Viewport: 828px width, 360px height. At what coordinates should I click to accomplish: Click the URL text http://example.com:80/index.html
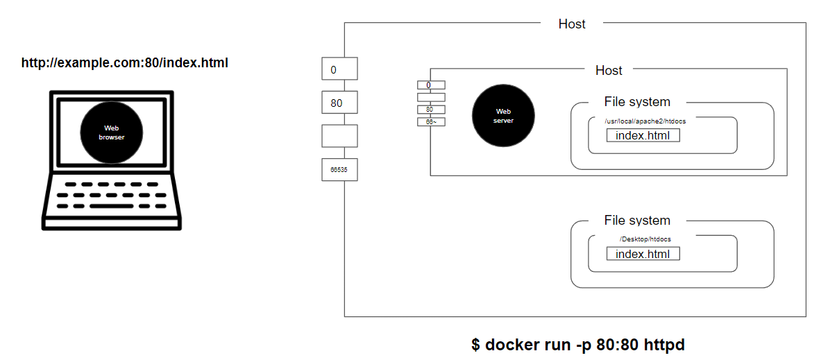coord(125,63)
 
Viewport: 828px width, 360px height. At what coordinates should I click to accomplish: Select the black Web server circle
coord(503,116)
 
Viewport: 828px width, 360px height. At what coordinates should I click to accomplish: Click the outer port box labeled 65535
coord(340,169)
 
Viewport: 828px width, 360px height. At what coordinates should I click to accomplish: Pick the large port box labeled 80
coord(340,103)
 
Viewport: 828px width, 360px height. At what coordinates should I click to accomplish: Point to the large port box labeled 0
coord(340,69)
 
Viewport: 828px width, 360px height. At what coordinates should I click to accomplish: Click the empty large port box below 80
coord(340,136)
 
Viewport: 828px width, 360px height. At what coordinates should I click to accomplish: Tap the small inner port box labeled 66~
coord(431,122)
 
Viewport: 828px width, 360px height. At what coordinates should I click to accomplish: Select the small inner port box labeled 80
coord(431,110)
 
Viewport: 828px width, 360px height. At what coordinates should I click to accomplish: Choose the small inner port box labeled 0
coord(431,85)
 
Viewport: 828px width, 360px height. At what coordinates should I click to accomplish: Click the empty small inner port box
coord(431,97)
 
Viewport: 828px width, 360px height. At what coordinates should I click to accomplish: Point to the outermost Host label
coord(572,24)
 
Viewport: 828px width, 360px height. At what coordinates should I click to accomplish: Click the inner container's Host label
coord(609,70)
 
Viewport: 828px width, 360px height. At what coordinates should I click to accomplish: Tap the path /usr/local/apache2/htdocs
coord(645,121)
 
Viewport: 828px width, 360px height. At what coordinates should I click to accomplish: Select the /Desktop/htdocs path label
coord(645,239)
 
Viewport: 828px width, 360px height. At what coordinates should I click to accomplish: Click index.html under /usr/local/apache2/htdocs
coord(643,136)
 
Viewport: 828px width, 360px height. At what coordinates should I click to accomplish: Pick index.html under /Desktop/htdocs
coord(643,254)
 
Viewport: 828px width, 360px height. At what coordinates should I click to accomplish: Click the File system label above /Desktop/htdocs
coord(637,220)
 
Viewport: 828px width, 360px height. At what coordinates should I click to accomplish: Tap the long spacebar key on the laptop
coord(111,206)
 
